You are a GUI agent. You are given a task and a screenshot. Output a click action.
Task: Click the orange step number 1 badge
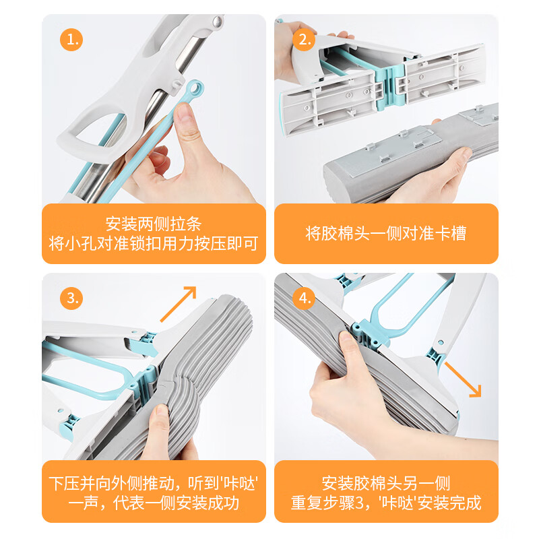pos(71,40)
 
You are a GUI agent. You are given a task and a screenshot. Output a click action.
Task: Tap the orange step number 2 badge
pos(304,40)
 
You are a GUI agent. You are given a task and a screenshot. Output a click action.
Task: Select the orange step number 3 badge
pos(71,297)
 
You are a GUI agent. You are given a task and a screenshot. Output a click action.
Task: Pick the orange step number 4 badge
pos(304,297)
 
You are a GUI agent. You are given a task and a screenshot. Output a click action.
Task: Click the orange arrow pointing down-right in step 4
pos(466,381)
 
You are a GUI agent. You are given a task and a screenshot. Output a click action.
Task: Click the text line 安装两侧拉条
pos(154,224)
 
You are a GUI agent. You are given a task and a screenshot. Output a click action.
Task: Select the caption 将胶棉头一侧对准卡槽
pos(386,234)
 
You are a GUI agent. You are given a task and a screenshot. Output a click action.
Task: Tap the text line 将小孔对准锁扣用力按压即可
pos(154,244)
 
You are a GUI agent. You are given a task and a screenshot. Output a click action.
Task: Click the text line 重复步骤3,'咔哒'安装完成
pos(386,503)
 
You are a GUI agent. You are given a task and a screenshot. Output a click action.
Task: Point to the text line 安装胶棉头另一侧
pos(386,482)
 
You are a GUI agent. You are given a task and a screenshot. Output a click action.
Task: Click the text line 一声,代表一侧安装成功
pos(154,503)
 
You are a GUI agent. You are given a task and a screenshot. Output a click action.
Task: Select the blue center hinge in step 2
pos(387,77)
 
